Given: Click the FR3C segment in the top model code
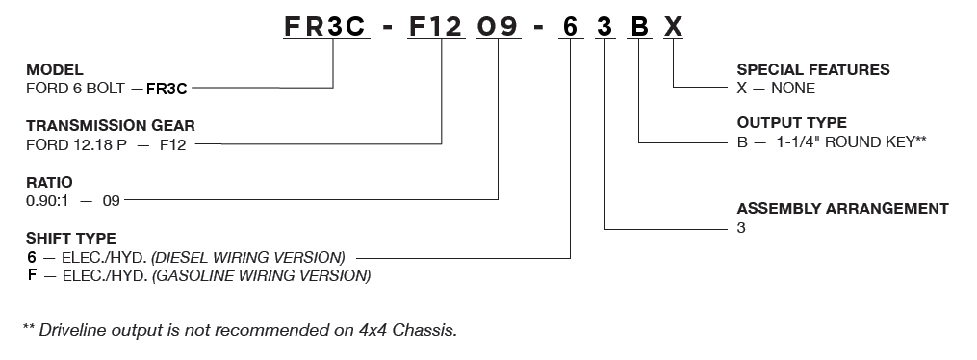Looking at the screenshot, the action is (x=325, y=27).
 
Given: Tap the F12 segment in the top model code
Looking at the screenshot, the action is (x=435, y=27).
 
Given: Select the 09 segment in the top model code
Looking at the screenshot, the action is (x=498, y=27).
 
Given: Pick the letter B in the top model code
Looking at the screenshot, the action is (x=639, y=27).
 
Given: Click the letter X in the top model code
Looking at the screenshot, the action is (x=673, y=27).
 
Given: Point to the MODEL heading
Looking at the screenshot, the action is (x=55, y=69).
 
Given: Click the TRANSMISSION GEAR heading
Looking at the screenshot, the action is (x=111, y=126).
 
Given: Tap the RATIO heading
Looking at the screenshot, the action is (x=49, y=183).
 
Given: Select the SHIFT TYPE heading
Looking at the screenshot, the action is (x=71, y=239).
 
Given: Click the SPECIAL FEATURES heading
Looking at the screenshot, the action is (x=813, y=69).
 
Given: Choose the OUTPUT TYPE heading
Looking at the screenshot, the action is (x=792, y=122).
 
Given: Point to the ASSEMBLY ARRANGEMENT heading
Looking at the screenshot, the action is (x=843, y=209).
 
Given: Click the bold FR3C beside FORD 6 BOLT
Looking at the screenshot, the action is (x=167, y=90).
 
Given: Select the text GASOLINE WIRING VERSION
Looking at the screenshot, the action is (x=262, y=275).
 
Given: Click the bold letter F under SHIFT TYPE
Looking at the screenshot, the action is (x=32, y=274).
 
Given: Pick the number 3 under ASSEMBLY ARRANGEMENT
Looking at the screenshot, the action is (x=741, y=228).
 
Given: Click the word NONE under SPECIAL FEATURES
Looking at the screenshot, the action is (x=793, y=89).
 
